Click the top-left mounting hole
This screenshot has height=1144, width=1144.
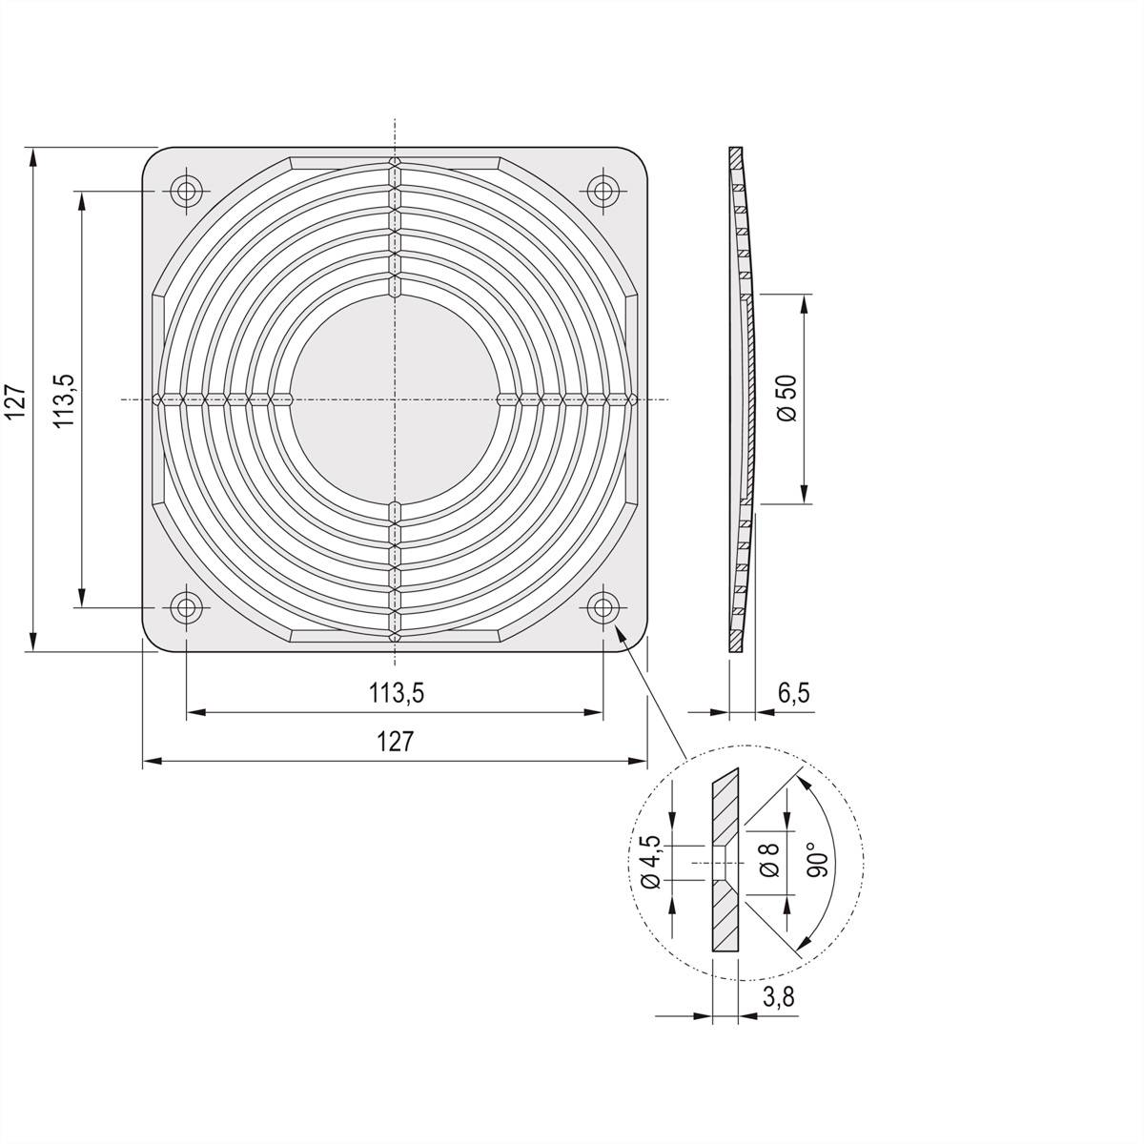185,191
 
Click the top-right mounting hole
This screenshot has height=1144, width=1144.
602,191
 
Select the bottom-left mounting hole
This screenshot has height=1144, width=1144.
185,606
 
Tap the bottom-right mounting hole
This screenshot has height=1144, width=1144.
602,606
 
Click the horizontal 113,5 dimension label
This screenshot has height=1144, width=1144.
396,693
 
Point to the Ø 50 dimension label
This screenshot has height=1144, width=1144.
787,398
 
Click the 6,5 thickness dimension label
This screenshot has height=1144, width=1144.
793,693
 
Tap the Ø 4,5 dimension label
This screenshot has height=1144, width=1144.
651,862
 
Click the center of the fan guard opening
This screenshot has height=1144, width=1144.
394,398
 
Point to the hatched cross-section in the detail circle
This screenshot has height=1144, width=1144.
725,915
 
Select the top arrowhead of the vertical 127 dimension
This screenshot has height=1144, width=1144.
33,155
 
